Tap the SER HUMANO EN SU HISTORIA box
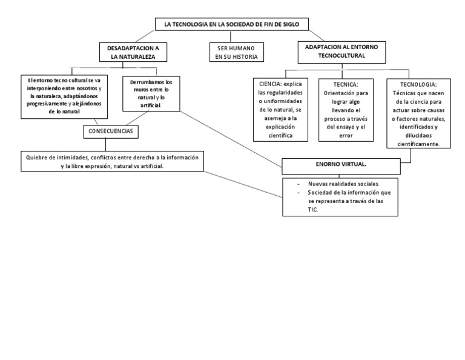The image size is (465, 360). [236, 52]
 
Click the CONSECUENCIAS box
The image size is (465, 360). [112, 130]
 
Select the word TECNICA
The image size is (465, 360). [346, 84]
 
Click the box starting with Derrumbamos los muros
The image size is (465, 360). [151, 93]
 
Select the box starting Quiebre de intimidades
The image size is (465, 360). [112, 161]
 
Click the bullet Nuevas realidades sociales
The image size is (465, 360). [344, 183]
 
